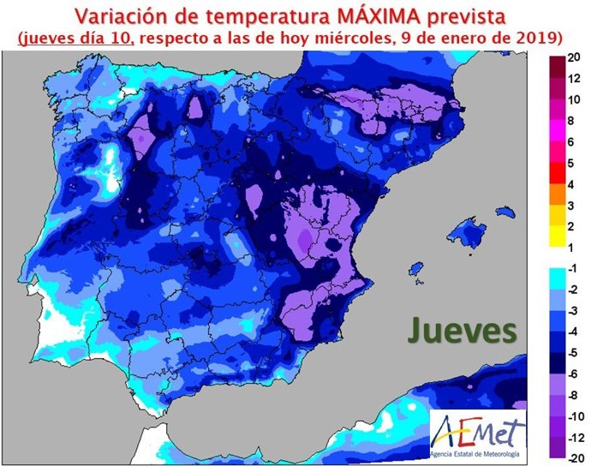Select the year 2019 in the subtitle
[x=538, y=38]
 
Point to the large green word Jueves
[x=461, y=329]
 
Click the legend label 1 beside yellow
[x=576, y=248]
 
